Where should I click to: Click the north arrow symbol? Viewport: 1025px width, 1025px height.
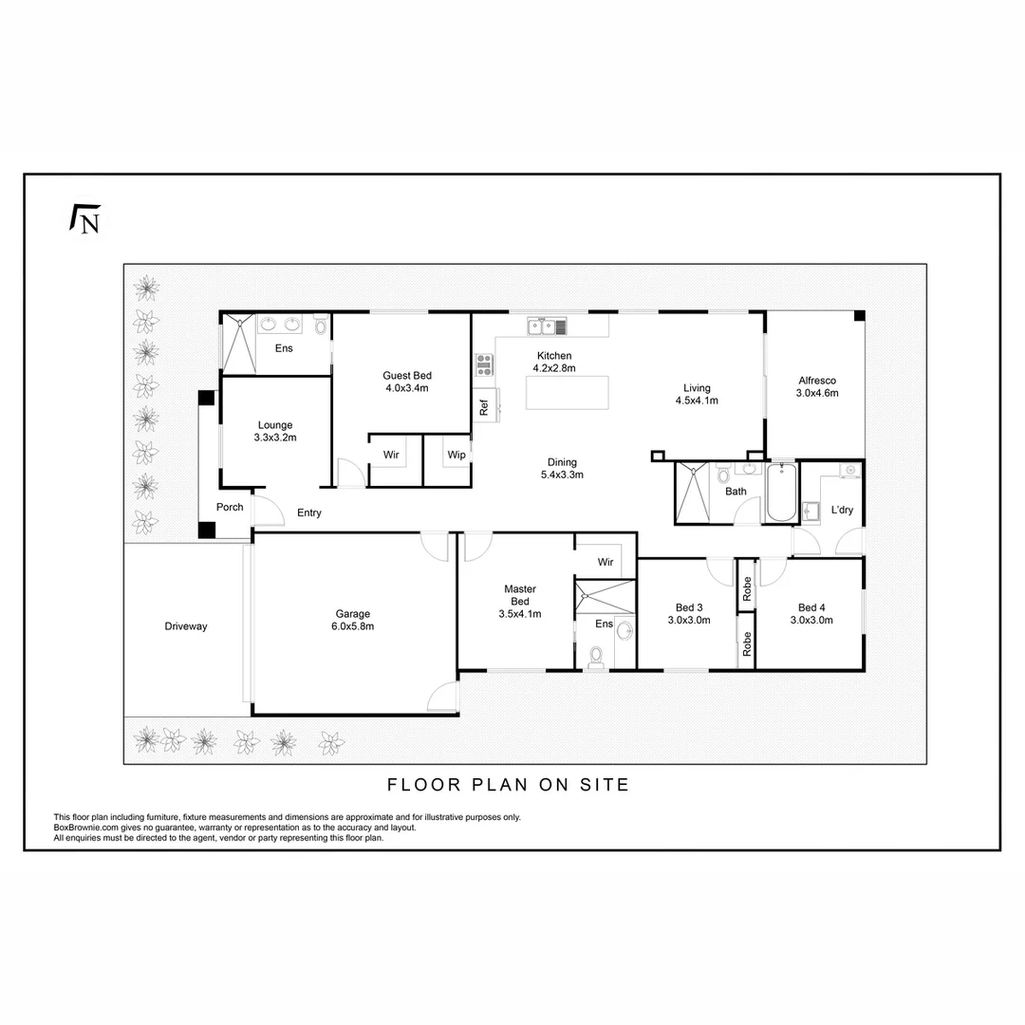click(x=85, y=219)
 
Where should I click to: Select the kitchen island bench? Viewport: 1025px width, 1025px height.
click(x=568, y=392)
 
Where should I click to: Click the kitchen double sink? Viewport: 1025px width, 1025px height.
click(x=542, y=327)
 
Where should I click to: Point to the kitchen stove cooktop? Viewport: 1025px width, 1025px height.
click(x=484, y=363)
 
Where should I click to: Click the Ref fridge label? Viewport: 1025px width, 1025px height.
click(x=484, y=408)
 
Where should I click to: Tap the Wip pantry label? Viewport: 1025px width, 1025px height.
click(x=457, y=456)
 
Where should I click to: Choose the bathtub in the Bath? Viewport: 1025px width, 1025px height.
click(x=782, y=493)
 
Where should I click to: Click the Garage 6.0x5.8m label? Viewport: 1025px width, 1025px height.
click(x=353, y=620)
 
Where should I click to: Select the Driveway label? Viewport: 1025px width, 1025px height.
click(x=185, y=626)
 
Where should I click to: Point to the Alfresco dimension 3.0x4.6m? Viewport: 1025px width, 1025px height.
click(x=818, y=393)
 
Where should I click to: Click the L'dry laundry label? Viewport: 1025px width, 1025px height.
click(x=842, y=510)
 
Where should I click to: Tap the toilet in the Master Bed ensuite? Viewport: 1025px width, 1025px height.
click(x=595, y=655)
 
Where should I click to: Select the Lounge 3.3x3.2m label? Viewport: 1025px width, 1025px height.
click(x=275, y=432)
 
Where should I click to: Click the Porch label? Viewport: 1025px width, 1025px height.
click(x=230, y=507)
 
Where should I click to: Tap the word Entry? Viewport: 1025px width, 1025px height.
click(x=309, y=513)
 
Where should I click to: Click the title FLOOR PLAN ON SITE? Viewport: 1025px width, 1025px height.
click(x=509, y=785)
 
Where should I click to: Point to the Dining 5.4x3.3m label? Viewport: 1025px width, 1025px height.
click(x=562, y=469)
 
